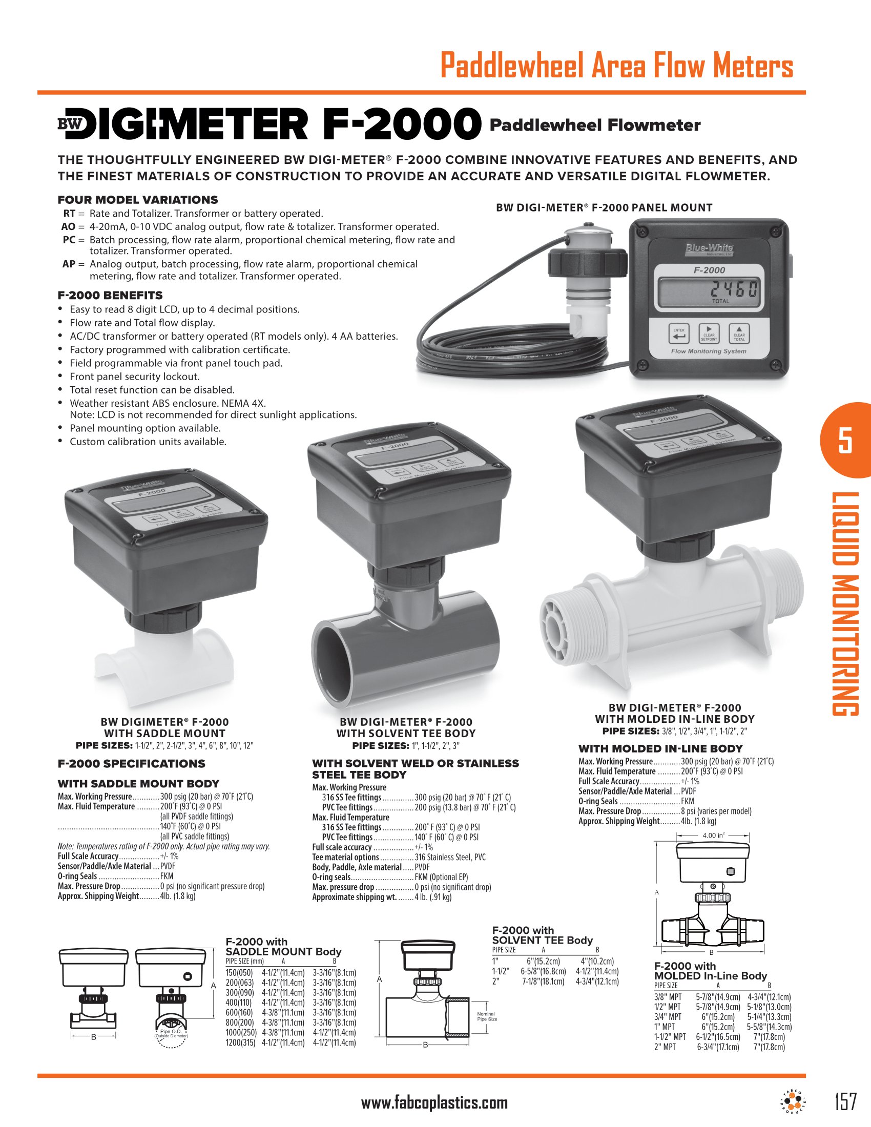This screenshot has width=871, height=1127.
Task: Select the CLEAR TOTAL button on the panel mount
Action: point(739,334)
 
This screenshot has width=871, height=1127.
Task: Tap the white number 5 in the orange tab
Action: point(845,440)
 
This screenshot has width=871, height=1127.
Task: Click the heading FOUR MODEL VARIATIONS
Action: point(138,200)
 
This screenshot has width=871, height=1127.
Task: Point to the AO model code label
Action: point(68,226)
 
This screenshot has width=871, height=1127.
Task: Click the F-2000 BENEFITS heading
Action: point(110,295)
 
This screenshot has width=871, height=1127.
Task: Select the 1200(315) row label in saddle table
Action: point(240,1042)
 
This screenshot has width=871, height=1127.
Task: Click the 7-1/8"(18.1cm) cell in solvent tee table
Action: point(543,982)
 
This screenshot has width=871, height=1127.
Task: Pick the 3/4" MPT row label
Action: point(668,1016)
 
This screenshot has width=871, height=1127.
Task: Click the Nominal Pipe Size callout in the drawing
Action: point(487,1016)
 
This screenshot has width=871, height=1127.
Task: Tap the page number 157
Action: point(845,1101)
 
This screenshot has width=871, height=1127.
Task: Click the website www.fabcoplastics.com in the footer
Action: point(434,1103)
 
